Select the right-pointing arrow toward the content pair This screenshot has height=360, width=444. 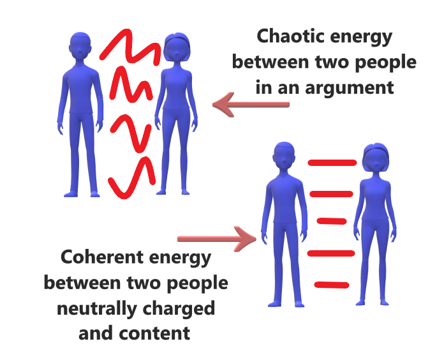coord(217,239)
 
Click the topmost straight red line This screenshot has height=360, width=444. coord(332,163)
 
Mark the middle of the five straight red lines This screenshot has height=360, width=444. coord(333,221)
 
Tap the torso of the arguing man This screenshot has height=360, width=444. coord(82,89)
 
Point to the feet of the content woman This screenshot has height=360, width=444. coord(374,300)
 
